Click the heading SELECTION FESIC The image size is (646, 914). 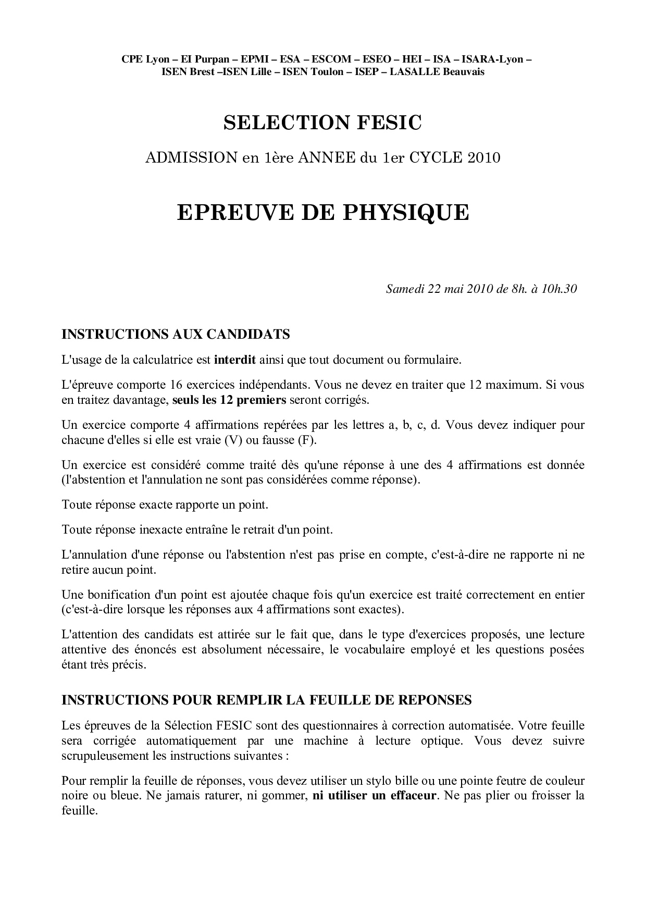[x=322, y=122]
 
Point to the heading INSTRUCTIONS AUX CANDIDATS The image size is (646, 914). [x=176, y=334]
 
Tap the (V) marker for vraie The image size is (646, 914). [x=233, y=440]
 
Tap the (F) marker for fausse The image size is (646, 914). [x=307, y=440]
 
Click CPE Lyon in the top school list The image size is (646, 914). [x=142, y=59]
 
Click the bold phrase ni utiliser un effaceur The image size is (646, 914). [x=374, y=796]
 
